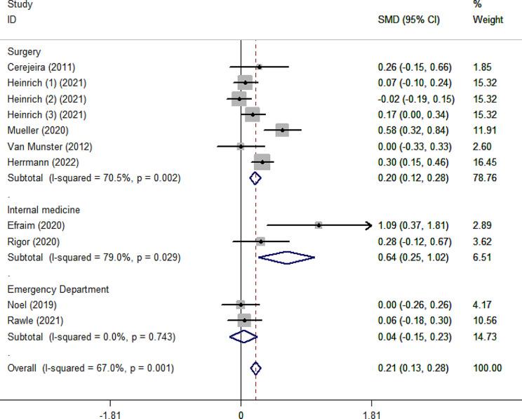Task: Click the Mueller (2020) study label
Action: pos(28,131)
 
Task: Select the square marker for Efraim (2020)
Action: pos(319,225)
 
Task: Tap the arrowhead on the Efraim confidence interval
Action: pos(369,225)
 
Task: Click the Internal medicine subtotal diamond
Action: pos(286,258)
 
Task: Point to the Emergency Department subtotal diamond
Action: pos(243,337)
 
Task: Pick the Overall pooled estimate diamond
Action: pos(255,368)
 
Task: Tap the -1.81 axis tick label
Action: pos(110,415)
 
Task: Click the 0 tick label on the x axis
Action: pos(241,415)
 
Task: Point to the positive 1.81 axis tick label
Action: pos(372,415)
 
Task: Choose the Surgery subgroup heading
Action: pos(24,52)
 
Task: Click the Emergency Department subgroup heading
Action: pos(58,289)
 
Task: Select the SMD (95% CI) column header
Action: pos(409,20)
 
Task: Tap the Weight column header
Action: pos(488,20)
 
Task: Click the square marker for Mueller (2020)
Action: pos(282,130)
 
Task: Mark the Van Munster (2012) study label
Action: pos(39,146)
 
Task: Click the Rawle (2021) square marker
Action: pos(244,321)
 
